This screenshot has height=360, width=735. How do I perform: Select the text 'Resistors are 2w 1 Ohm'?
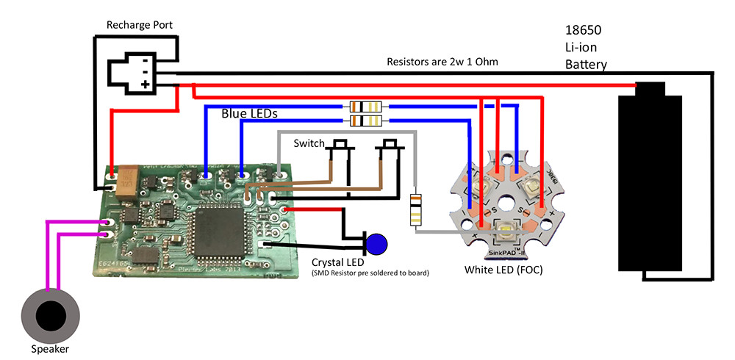pos(442,62)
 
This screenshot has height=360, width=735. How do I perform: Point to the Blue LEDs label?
pos(249,115)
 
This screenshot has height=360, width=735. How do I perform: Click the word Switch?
pos(309,143)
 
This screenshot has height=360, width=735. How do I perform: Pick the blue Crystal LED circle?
pos(378,243)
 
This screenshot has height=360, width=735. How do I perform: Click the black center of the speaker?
pos(51,314)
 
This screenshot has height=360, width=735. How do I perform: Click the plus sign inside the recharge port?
pos(145,84)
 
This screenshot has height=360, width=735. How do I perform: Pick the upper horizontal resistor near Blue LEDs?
pos(365,107)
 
